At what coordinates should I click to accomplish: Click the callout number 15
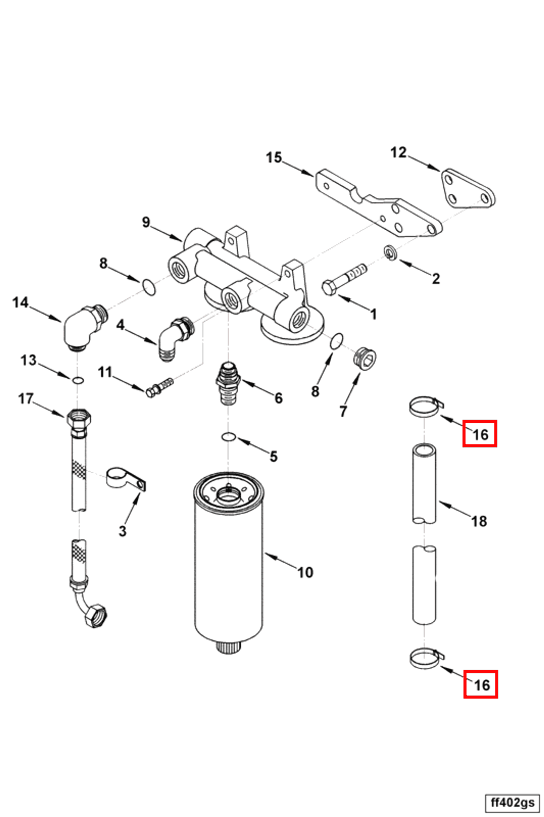click(x=274, y=157)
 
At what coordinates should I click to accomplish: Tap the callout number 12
click(x=398, y=152)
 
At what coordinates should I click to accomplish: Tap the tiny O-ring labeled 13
click(x=78, y=381)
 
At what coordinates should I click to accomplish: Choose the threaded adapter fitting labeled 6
click(x=228, y=382)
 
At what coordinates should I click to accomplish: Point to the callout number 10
click(x=305, y=572)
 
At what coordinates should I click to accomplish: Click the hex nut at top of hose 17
click(x=79, y=419)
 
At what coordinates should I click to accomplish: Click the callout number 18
click(x=479, y=521)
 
